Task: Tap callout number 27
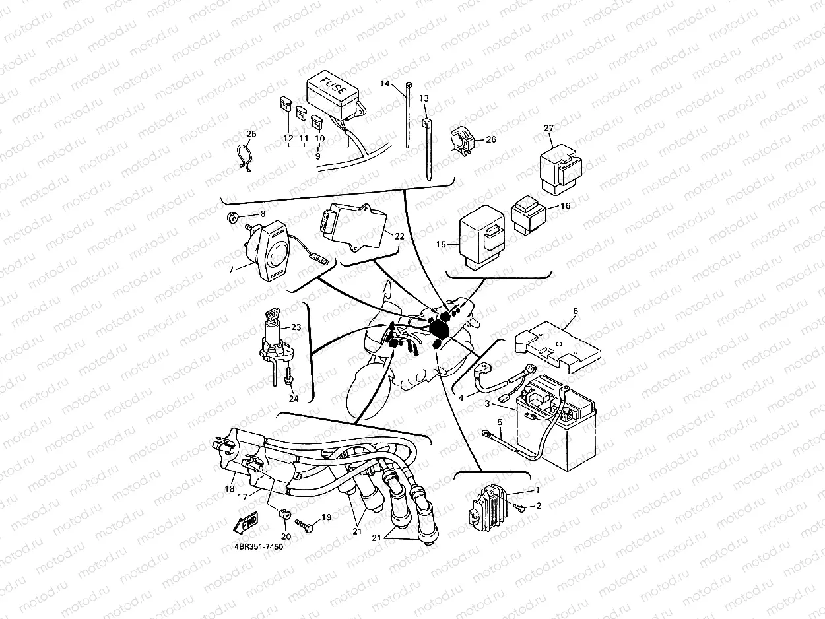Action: point(548,127)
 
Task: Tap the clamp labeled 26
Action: point(462,141)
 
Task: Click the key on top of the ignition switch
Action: point(271,319)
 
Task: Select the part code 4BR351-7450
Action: point(253,547)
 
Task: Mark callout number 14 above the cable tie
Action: point(385,84)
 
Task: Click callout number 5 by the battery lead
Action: point(500,422)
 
